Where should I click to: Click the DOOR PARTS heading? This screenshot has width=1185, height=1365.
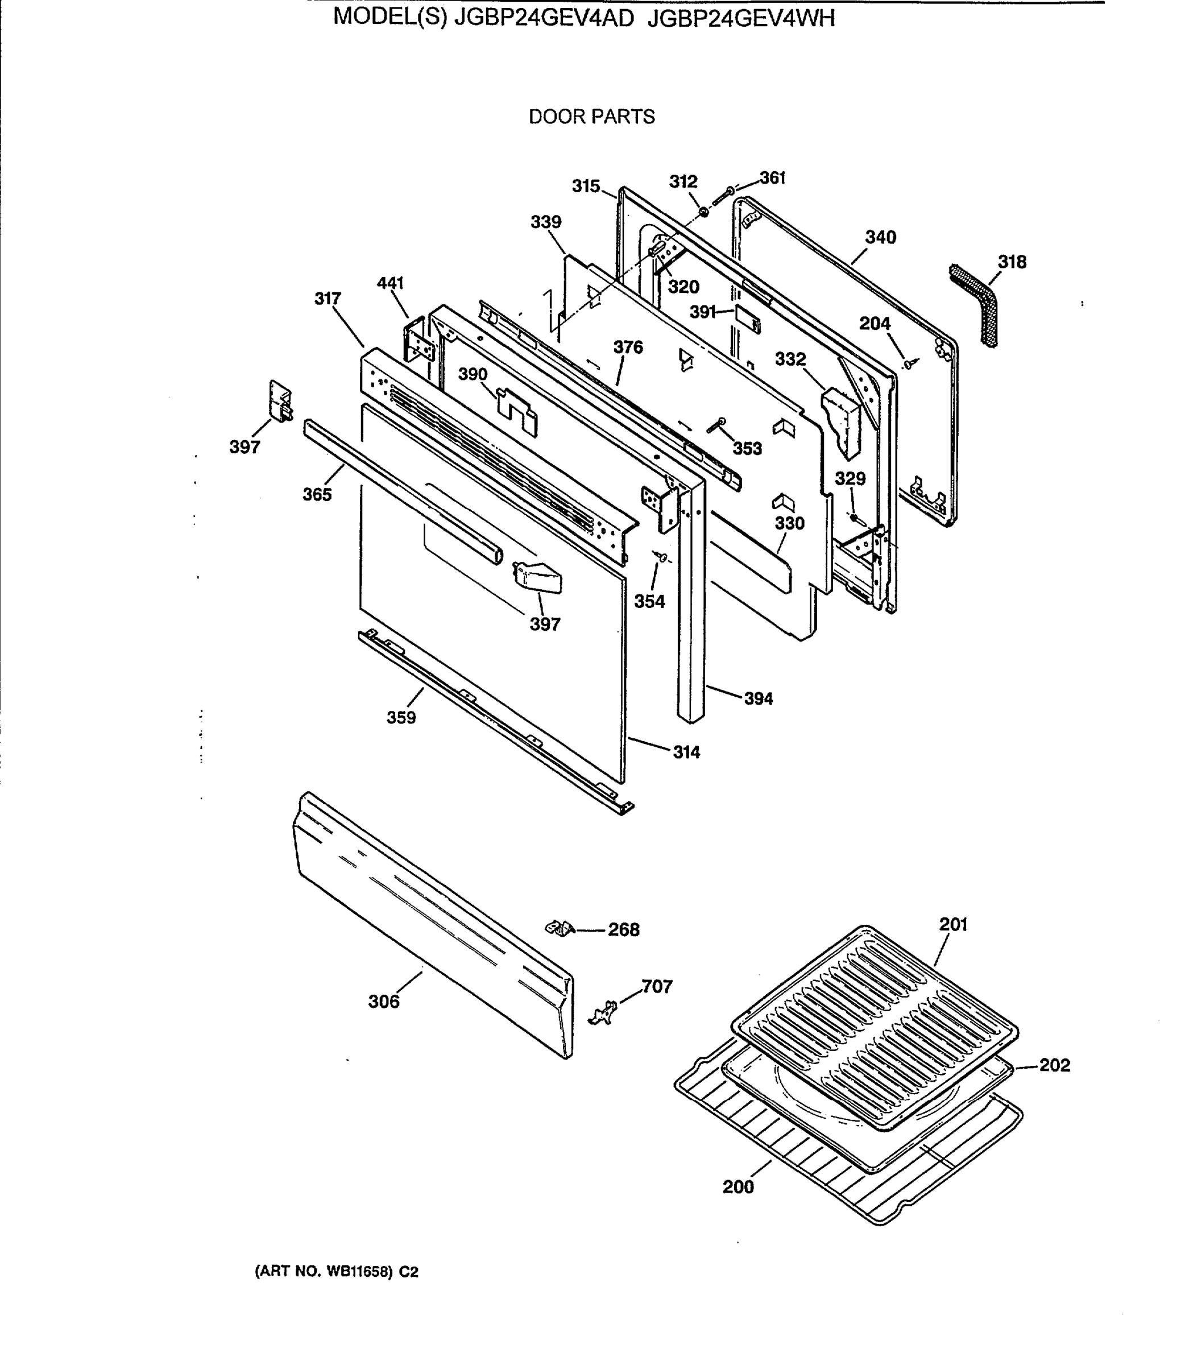[591, 117]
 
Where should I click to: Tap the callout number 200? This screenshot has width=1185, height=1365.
[738, 1186]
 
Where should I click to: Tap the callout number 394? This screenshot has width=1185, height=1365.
[758, 698]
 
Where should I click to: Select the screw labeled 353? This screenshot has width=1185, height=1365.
[715, 425]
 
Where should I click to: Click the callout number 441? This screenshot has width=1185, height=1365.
[390, 283]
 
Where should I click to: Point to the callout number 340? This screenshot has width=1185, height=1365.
[880, 237]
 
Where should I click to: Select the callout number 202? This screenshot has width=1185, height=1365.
[1054, 1065]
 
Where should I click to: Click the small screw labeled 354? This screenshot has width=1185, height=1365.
[661, 557]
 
